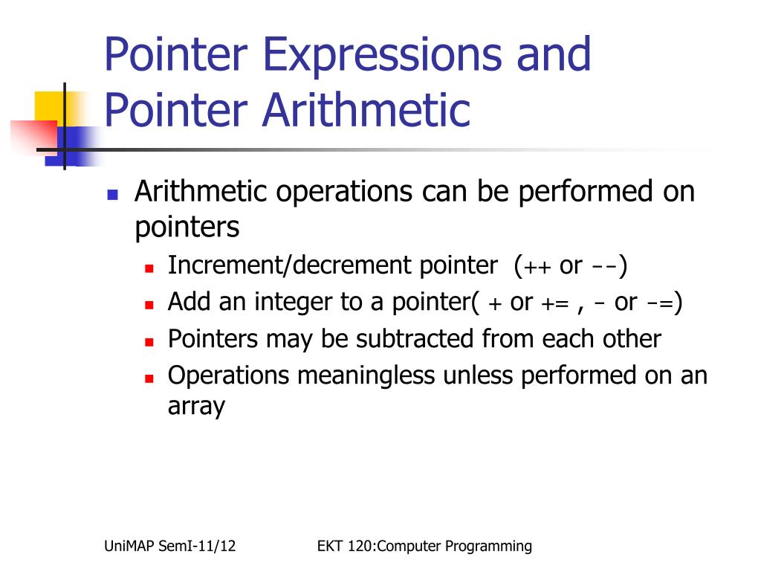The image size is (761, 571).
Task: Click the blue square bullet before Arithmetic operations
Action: [113, 195]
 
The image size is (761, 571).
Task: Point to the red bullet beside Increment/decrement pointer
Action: [149, 267]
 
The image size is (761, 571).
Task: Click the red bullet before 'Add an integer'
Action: [149, 304]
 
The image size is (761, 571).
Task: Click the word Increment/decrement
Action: [291, 265]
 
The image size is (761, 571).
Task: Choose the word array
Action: [196, 406]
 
